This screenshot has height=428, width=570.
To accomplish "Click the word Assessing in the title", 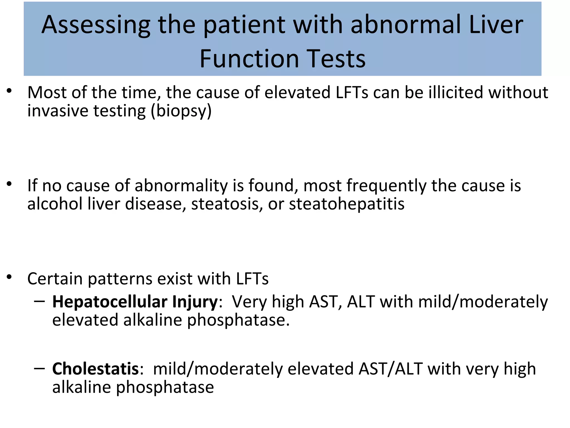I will [x=96, y=25].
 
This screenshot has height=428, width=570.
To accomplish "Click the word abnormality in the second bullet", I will [x=181, y=186].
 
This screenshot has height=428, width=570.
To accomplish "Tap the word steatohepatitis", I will [x=347, y=204].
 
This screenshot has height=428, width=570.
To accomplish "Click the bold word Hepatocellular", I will [x=110, y=302].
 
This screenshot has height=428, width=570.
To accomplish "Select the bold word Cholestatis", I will [x=95, y=369].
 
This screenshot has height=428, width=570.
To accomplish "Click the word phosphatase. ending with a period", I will [x=238, y=320].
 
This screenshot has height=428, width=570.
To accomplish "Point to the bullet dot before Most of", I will [x=9, y=91].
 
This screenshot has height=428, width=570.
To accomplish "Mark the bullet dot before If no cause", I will [x=9, y=184].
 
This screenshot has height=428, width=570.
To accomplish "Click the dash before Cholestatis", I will [x=40, y=368].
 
